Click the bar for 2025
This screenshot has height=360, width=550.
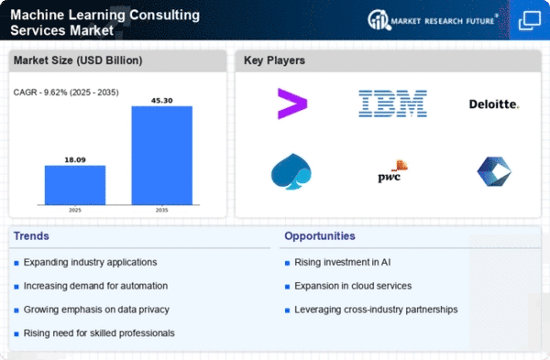(x=75, y=185)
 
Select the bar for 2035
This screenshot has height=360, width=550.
(x=162, y=156)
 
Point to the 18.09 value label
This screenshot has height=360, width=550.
(x=75, y=159)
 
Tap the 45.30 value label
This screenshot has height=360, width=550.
(x=162, y=101)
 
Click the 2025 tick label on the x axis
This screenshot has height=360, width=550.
(x=75, y=210)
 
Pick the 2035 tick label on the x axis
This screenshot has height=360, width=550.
(x=161, y=210)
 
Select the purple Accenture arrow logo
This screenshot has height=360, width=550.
(x=292, y=104)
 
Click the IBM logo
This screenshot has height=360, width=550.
(x=392, y=104)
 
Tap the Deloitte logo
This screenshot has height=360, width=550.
(x=494, y=104)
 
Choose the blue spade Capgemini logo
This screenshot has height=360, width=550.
(x=291, y=171)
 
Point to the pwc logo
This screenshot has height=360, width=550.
(x=392, y=171)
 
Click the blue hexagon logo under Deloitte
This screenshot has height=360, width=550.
(x=494, y=171)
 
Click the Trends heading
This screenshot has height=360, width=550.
(x=31, y=236)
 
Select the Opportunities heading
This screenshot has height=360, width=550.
(x=320, y=236)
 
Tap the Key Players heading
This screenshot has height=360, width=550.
(x=274, y=60)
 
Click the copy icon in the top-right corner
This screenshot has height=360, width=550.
(x=530, y=20)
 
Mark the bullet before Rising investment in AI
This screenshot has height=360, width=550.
(x=287, y=263)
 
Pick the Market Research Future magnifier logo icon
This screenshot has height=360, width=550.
(x=379, y=19)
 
